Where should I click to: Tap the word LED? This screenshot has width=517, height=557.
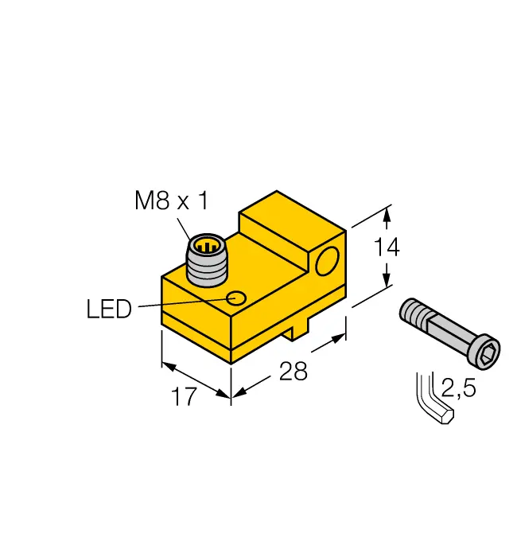coord(108,309)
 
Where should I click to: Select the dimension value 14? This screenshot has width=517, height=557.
coord(387,247)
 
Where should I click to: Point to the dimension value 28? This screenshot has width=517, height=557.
coord(293,370)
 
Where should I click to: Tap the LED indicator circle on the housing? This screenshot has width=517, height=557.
coord(236,298)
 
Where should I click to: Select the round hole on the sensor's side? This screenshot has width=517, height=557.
coord(325,261)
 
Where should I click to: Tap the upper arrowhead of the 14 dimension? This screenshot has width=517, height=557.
coord(387,213)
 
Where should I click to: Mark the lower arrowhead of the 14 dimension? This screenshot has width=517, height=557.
coord(387,282)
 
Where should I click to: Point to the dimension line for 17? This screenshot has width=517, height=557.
coord(196,380)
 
